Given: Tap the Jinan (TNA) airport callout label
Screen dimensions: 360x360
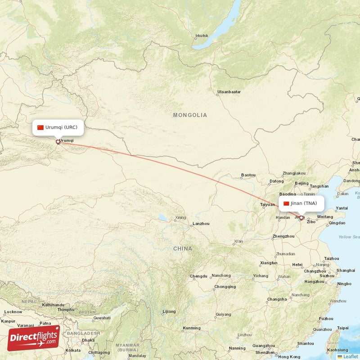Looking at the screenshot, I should tap(300, 203).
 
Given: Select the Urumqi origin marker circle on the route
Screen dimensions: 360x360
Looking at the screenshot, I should tap(58, 142).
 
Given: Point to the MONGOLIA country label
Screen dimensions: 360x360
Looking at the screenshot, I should tap(190, 115).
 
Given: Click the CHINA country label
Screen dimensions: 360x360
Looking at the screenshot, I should tap(182, 249).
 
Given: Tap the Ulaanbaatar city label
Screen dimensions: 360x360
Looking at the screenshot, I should tap(229, 92).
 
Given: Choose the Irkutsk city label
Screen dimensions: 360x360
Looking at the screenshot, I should tap(202, 36).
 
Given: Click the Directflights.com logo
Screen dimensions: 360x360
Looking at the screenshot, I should tap(34, 338).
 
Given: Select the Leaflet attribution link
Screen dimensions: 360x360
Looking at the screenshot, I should tap(350, 356).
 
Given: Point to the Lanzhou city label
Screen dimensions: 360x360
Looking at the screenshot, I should tap(201, 224).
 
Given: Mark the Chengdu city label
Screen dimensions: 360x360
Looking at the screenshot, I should tap(198, 276).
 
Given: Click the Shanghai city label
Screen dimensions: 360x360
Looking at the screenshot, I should tap(345, 270).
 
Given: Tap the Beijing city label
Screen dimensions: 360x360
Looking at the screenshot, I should tap(301, 184).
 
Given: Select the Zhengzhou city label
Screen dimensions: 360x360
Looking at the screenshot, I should tap(283, 236).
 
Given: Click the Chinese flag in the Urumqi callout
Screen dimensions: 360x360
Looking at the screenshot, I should tap(40, 127).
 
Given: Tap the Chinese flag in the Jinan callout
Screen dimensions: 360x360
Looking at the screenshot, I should tap(286, 203).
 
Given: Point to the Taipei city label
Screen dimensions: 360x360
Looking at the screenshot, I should tap(342, 328).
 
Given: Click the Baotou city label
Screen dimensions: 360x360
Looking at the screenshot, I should tap(248, 175).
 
